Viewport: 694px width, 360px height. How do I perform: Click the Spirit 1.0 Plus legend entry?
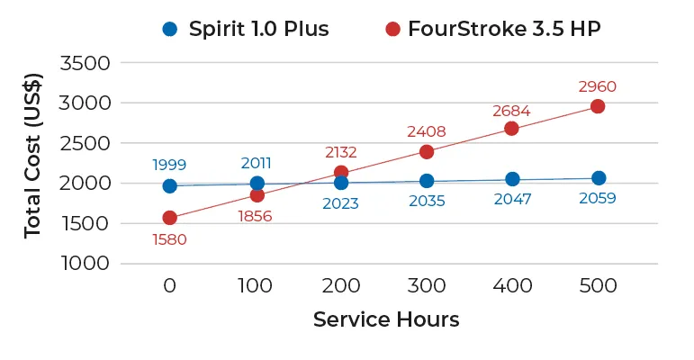(x=245, y=28)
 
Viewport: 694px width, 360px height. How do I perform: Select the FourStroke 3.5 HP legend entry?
(x=492, y=28)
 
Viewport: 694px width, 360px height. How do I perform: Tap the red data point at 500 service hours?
(x=598, y=107)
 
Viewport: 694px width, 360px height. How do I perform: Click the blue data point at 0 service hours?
(x=170, y=185)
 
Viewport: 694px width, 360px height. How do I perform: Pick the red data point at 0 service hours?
(x=170, y=217)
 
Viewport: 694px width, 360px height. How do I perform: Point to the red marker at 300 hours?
(x=427, y=151)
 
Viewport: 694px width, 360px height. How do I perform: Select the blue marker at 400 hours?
(x=512, y=179)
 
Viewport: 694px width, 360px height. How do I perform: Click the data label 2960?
(x=598, y=87)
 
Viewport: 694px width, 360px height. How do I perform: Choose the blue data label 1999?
(x=170, y=165)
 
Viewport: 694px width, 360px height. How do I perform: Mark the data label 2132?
(x=341, y=153)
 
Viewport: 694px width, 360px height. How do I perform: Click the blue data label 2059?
(x=598, y=198)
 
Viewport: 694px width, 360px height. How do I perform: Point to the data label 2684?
(x=511, y=111)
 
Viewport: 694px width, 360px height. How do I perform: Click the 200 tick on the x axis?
(x=341, y=286)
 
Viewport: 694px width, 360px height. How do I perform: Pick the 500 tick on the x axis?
(x=598, y=286)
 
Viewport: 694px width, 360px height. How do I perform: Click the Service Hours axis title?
(x=386, y=319)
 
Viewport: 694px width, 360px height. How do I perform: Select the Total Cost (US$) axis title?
(x=33, y=164)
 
